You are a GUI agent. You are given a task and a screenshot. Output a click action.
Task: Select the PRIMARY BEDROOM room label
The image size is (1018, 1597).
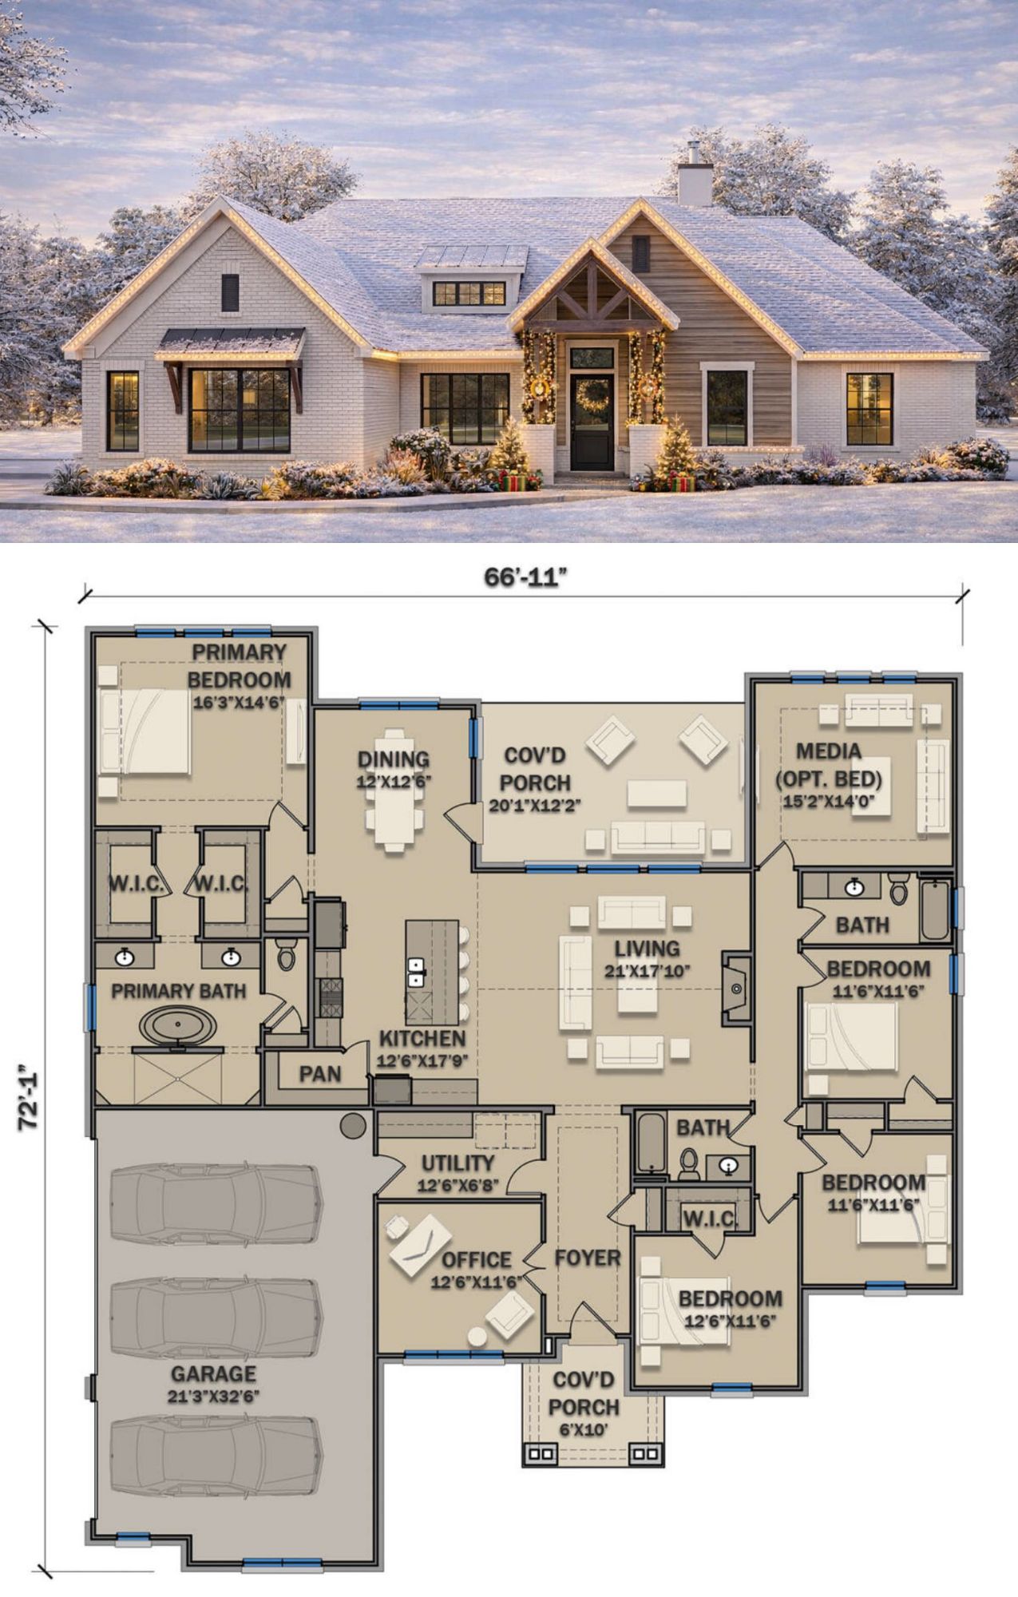coord(240,666)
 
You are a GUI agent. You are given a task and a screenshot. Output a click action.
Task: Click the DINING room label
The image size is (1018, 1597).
coord(394,759)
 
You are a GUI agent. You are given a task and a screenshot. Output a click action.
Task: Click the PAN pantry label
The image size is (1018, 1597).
coord(320,1074)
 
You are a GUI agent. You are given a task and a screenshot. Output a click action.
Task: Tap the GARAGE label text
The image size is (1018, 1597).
coord(213,1374)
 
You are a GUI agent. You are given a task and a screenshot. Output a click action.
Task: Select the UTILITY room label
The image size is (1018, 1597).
coord(458,1163)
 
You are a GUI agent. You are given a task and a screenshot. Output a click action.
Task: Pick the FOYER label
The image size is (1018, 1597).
coord(588,1258)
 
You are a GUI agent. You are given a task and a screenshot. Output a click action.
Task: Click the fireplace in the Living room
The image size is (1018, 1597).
coord(736,989)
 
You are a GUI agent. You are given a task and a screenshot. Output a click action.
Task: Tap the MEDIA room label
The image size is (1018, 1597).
coord(829,751)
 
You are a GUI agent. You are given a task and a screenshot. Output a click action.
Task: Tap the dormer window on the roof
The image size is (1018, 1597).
coord(469,293)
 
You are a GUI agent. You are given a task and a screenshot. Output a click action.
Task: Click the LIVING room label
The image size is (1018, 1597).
coord(648,949)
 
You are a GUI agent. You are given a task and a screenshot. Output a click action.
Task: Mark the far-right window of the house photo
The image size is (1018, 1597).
coord(869,408)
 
